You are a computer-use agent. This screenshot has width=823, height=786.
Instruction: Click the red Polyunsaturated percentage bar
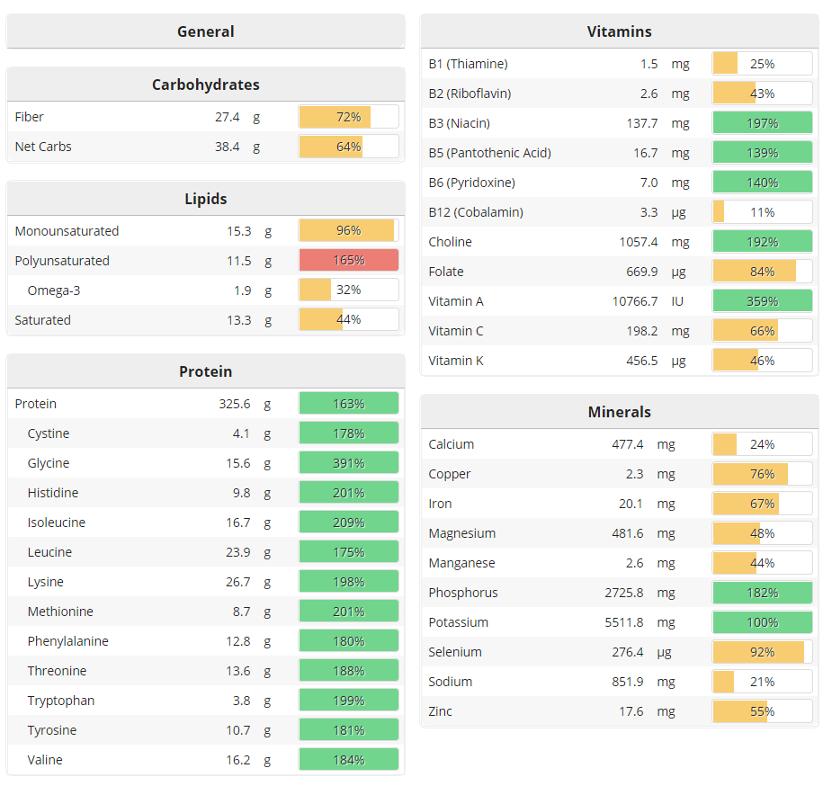coord(348,261)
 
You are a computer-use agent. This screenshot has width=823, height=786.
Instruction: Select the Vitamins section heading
coord(619,31)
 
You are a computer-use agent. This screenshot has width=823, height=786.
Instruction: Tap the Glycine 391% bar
coord(348,463)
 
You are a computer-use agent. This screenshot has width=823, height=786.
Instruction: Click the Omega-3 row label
coord(54,290)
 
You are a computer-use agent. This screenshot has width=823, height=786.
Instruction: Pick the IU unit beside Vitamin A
coord(677,301)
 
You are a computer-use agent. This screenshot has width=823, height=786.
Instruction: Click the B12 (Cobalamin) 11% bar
coord(762,212)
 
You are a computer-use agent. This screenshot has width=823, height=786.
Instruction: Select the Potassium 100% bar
coord(762,622)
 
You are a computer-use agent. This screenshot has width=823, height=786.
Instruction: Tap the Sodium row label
coord(451,682)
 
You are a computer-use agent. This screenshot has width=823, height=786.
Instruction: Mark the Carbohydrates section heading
coord(205,85)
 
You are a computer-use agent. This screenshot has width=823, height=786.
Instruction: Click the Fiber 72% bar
coord(348,117)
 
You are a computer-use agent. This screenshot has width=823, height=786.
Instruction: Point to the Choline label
coord(450,242)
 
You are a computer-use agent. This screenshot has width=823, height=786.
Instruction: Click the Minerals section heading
coord(619,412)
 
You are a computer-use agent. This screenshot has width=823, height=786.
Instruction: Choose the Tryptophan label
coord(60,701)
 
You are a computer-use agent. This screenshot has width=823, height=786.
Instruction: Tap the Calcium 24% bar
coord(762,444)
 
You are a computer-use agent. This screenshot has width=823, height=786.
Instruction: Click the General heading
coord(205,31)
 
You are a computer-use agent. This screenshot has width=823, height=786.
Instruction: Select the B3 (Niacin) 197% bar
coord(762,123)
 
